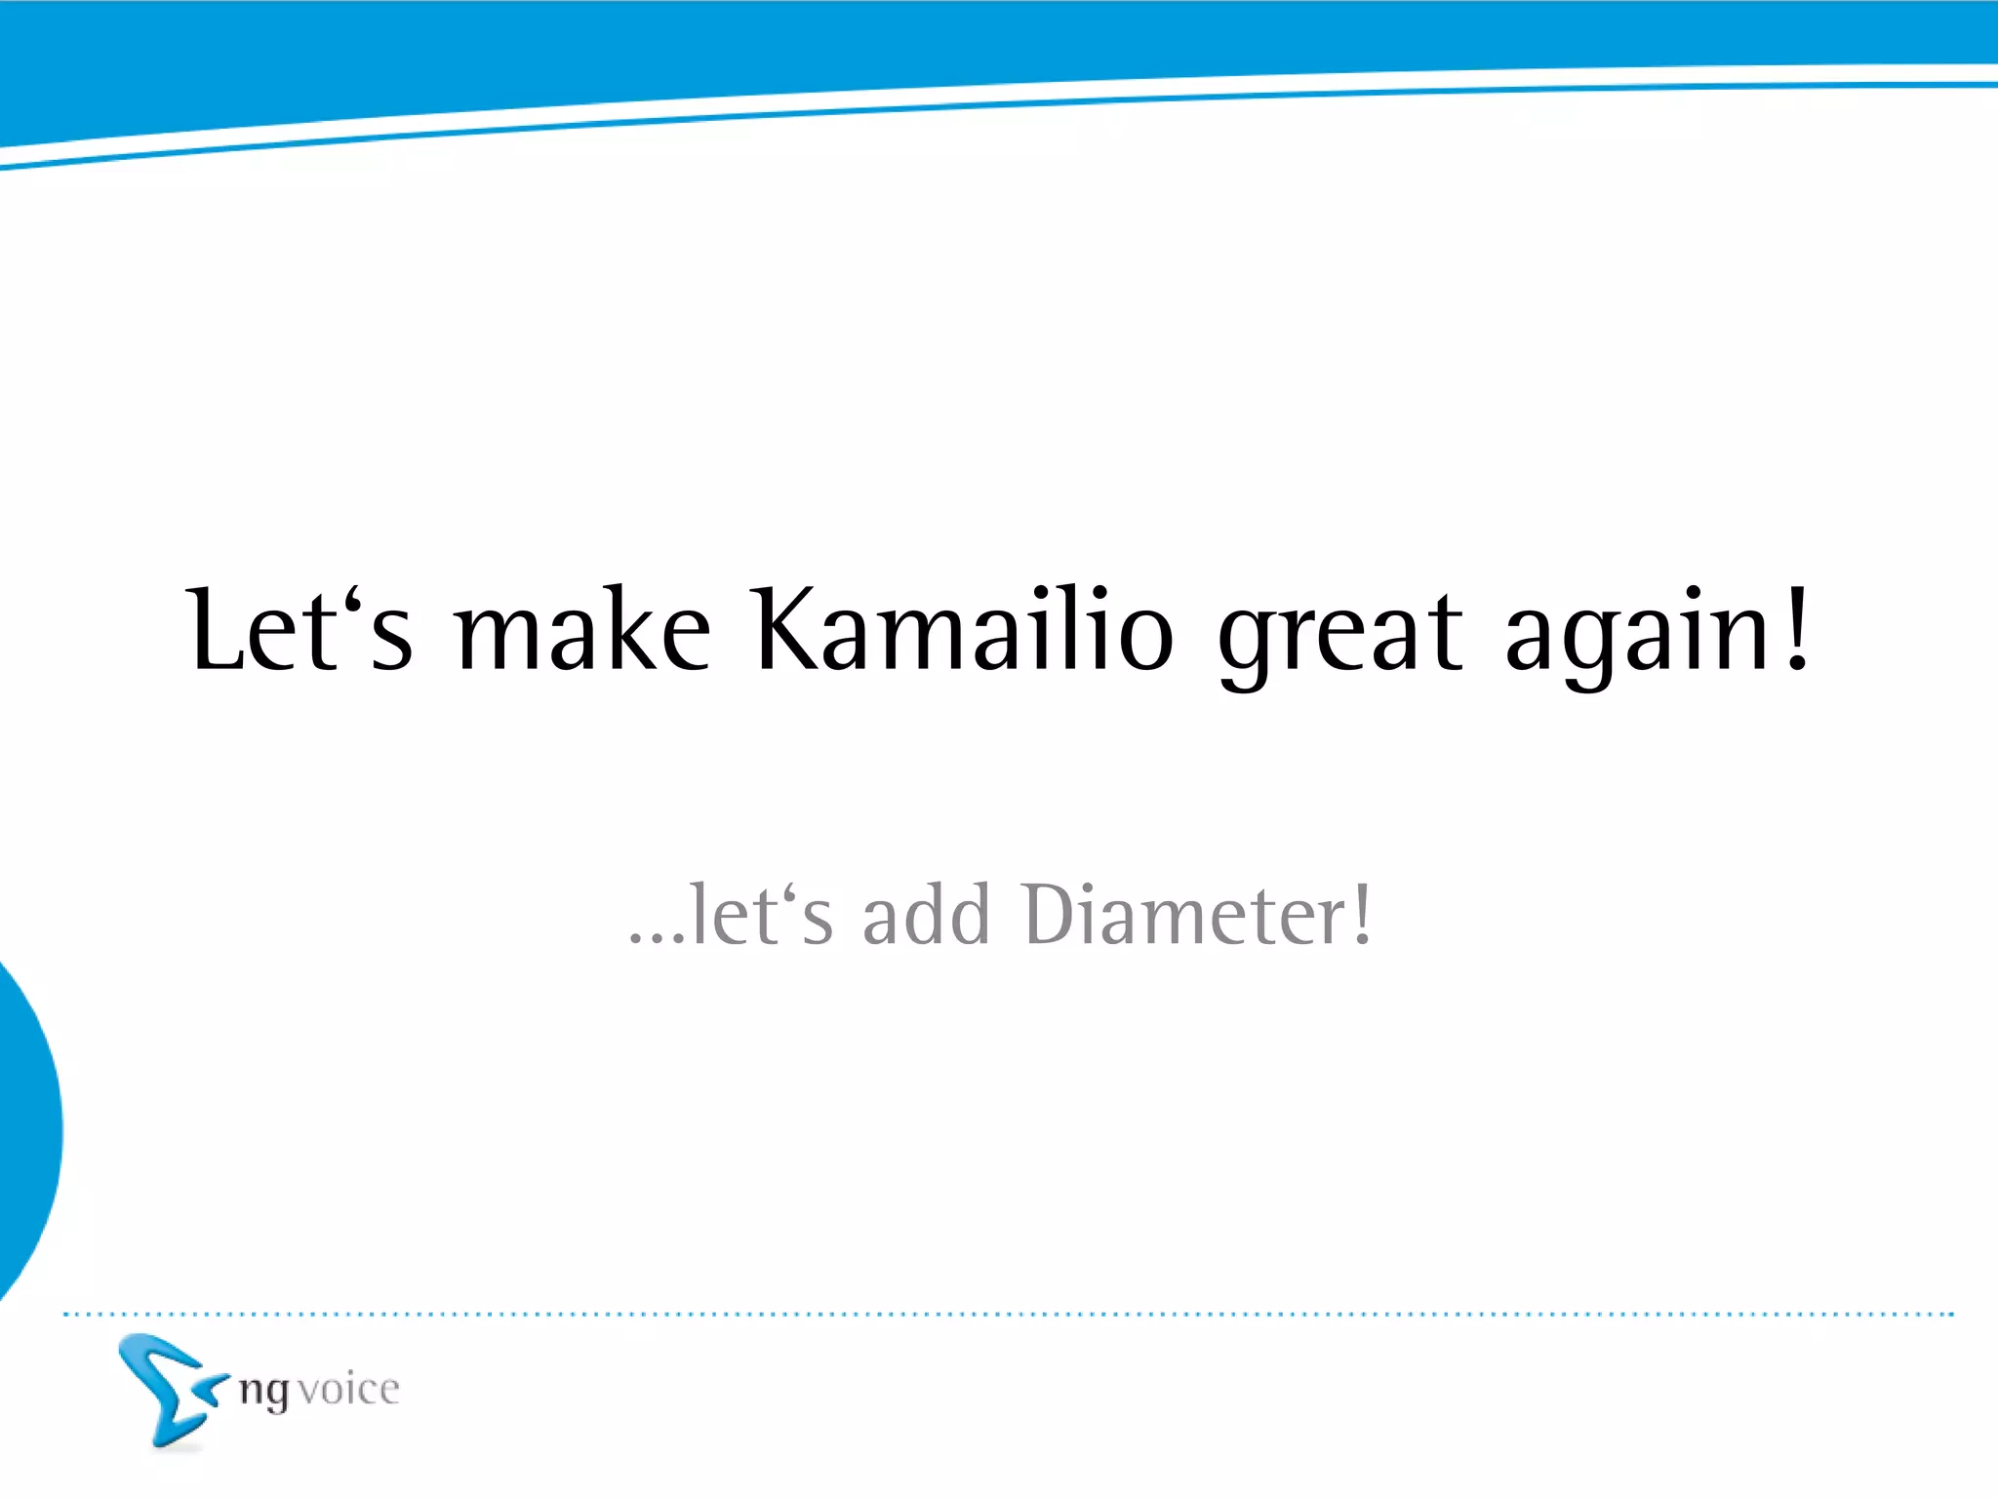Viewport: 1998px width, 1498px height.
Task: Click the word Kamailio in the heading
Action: pos(964,632)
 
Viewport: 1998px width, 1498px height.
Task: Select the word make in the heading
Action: pos(583,632)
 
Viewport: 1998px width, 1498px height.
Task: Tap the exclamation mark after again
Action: pos(1797,629)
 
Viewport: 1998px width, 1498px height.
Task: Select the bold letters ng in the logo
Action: pos(264,1392)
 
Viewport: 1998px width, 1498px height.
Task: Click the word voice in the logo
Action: pos(348,1390)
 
